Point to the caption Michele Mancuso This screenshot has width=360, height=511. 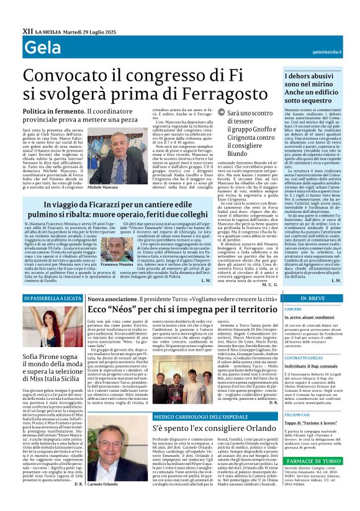point(102,187)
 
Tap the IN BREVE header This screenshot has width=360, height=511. point(313,299)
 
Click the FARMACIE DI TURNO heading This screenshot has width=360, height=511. point(313,461)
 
